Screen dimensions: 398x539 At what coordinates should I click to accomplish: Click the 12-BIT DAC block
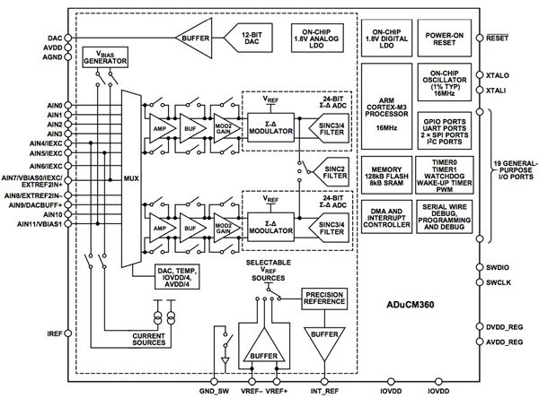[x=254, y=39]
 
